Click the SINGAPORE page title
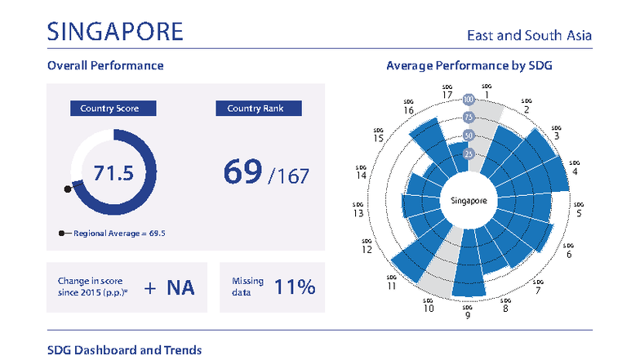115,32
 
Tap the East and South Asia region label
528,36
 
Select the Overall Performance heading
105,65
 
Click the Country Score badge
113,109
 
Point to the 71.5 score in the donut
113,173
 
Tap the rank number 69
242,171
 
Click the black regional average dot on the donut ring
68,189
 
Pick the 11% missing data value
295,287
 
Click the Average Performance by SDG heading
469,65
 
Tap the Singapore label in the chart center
469,200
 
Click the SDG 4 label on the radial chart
576,167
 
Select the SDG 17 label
447,92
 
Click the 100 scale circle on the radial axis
469,100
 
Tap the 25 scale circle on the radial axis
469,153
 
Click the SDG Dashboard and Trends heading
124,349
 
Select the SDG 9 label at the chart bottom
467,313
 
